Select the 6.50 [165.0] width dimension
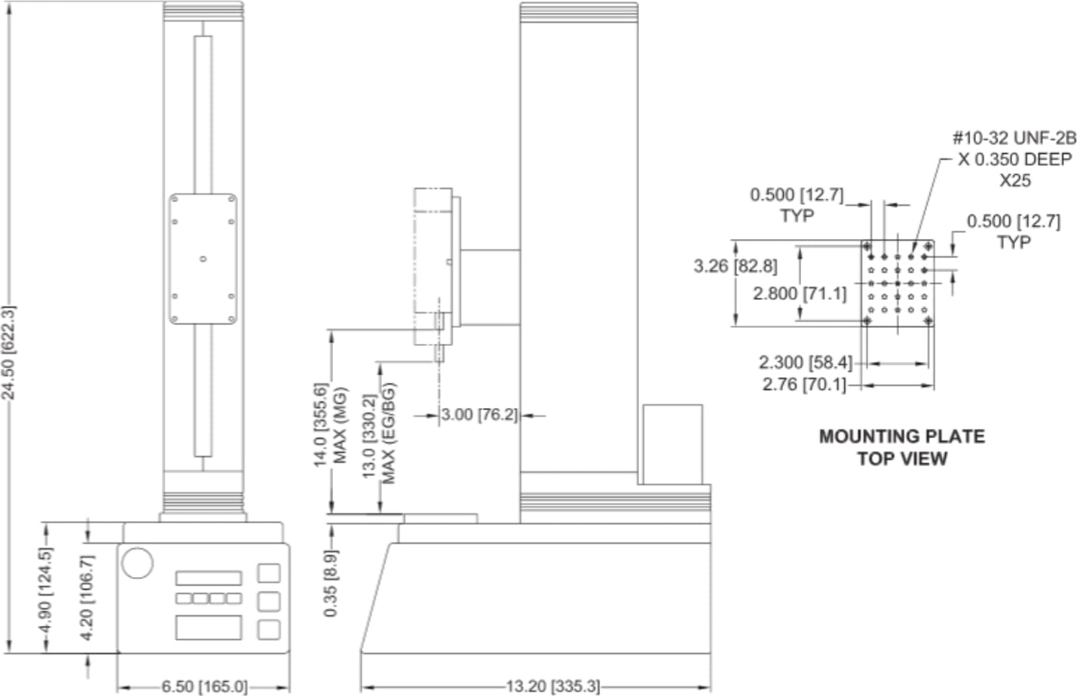pyautogui.click(x=203, y=686)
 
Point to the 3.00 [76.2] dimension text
pyautogui.click(x=479, y=415)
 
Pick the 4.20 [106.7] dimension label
pyautogui.click(x=87, y=597)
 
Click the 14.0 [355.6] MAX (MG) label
pyautogui.click(x=330, y=424)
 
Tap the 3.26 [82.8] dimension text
pyautogui.click(x=735, y=265)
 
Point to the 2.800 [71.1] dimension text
pyautogui.click(x=799, y=293)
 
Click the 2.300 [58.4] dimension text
pyautogui.click(x=805, y=363)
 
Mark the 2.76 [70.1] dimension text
pyautogui.click(x=803, y=385)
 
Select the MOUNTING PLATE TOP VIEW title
pyautogui.click(x=901, y=447)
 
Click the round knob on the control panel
pyautogui.click(x=137, y=563)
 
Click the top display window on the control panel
pyautogui.click(x=209, y=578)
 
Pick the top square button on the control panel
pyautogui.click(x=269, y=573)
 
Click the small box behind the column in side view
pyautogui.click(x=672, y=444)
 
